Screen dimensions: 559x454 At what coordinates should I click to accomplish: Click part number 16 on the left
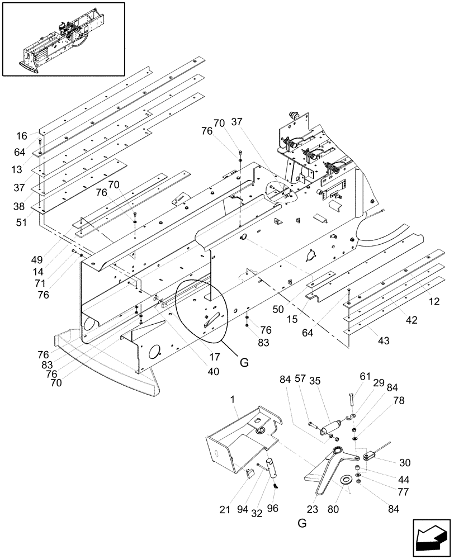[x=21, y=136]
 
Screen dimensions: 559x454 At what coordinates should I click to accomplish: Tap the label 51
[x=21, y=222]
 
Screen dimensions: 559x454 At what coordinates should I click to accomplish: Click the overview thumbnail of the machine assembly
[x=63, y=39]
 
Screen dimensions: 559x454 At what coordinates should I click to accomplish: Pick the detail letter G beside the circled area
[x=244, y=363]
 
